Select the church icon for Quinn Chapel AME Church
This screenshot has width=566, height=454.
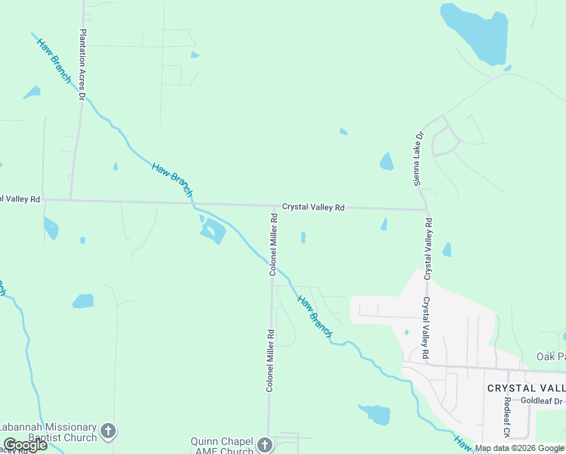(264, 444)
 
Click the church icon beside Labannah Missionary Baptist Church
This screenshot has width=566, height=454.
(108, 431)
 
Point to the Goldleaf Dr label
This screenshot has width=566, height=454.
(542, 400)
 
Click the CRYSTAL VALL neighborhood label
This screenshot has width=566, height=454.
(526, 387)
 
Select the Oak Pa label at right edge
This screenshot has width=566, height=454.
(550, 356)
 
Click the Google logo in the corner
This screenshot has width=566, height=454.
(25, 445)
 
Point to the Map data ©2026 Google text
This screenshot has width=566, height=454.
(518, 448)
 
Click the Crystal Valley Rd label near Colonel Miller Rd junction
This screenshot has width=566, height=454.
(313, 207)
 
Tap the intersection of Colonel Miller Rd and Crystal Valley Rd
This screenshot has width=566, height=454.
(274, 205)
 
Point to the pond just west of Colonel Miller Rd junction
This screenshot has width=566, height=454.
(213, 230)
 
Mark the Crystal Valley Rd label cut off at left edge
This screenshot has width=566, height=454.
(20, 199)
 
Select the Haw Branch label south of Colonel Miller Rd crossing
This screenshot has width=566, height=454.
(314, 316)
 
